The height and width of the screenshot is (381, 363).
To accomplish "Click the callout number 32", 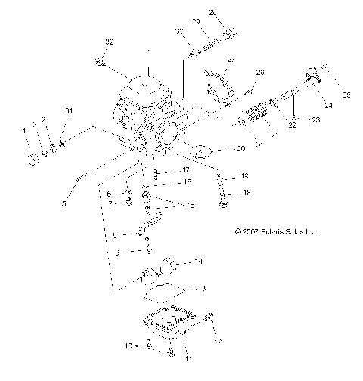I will click(109, 41).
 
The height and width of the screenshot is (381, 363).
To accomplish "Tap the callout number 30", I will click(179, 31).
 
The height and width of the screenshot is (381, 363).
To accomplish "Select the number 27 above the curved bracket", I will click(231, 59).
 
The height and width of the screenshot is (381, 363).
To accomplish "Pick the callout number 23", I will click(316, 119).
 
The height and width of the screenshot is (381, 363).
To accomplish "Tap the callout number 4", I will click(23, 131).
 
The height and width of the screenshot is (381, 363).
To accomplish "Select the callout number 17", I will click(185, 169).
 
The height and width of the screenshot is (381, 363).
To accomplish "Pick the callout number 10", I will click(129, 345).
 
